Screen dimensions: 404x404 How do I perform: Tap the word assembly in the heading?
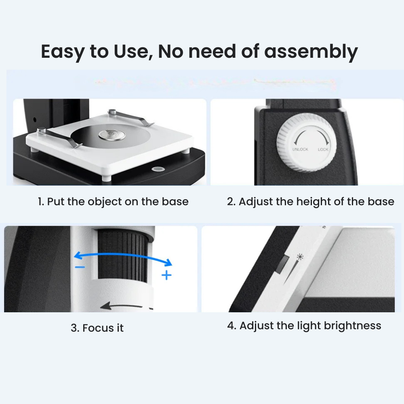click(x=311, y=52)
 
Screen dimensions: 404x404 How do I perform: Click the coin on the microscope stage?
click(x=112, y=135)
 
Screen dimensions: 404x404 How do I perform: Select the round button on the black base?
click(x=158, y=169)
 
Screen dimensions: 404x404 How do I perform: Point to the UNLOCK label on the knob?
click(x=300, y=149)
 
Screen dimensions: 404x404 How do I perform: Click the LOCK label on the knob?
click(x=323, y=149)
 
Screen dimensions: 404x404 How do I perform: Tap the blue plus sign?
click(x=166, y=275)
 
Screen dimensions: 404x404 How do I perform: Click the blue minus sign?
click(x=80, y=267)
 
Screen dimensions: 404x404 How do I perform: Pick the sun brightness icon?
click(x=300, y=257)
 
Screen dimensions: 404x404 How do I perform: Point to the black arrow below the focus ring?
click(x=121, y=306)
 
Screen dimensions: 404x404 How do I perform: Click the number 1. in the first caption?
click(x=41, y=202)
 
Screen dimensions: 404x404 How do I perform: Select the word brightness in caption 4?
click(x=352, y=326)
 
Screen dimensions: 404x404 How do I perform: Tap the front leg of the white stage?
click(x=105, y=178)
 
